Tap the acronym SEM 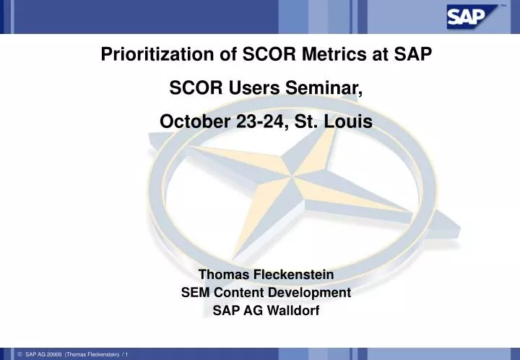click(x=194, y=293)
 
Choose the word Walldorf click(x=292, y=312)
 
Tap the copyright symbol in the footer click(x=19, y=353)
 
